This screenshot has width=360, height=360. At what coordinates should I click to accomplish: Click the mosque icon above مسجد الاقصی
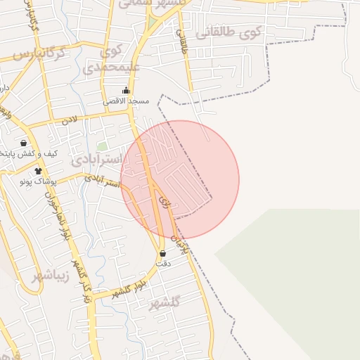point(127,90)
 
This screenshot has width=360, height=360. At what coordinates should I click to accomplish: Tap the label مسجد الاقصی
point(127,101)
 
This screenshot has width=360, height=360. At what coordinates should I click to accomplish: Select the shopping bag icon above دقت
point(163,253)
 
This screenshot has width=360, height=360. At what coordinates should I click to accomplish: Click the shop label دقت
point(163,264)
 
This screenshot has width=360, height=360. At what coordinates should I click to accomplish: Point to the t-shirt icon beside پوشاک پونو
point(38,171)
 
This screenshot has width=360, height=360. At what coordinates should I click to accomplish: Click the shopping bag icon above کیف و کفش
point(24,143)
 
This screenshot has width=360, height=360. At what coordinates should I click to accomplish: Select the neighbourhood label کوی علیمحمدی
point(112,60)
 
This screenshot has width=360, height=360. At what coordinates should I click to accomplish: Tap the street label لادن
point(68,120)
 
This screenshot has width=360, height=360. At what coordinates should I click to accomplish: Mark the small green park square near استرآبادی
point(103,147)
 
